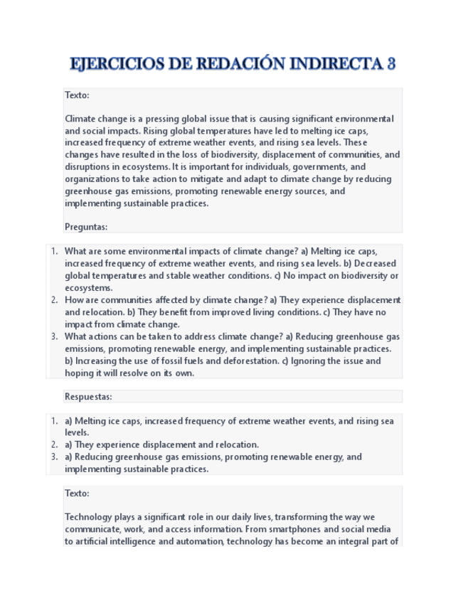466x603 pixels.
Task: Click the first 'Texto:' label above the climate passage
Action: [x=77, y=95]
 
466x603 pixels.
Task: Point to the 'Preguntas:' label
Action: [x=86, y=227]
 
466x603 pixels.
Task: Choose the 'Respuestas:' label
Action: [x=88, y=396]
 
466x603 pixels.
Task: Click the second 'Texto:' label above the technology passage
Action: [x=77, y=493]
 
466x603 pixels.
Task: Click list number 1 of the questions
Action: [x=54, y=251]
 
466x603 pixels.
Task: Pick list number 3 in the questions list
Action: [x=54, y=336]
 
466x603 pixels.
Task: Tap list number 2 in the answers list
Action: [x=54, y=444]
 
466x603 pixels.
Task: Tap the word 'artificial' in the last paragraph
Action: [x=99, y=541]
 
